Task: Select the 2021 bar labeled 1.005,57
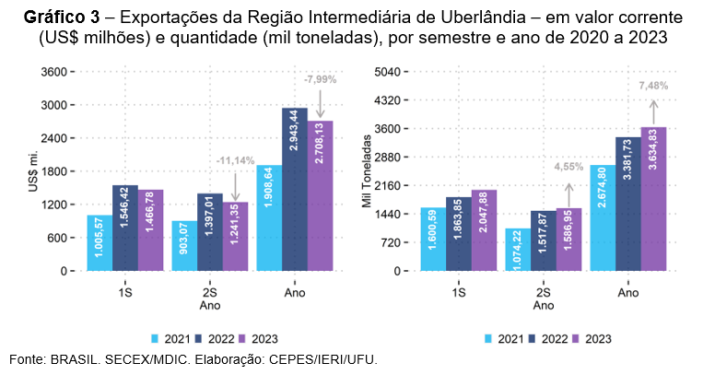pyautogui.click(x=100, y=243)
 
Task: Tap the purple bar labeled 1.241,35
pyautogui.click(x=236, y=237)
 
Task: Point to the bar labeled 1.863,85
pyautogui.click(x=459, y=234)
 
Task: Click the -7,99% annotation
pyautogui.click(x=320, y=79)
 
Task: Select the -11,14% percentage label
pyautogui.click(x=236, y=161)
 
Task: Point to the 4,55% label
pyautogui.click(x=568, y=167)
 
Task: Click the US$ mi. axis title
pyautogui.click(x=33, y=171)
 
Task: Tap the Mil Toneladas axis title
pyautogui.click(x=366, y=171)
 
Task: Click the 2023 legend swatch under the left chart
pyautogui.click(x=243, y=338)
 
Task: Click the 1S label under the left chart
pyautogui.click(x=125, y=292)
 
